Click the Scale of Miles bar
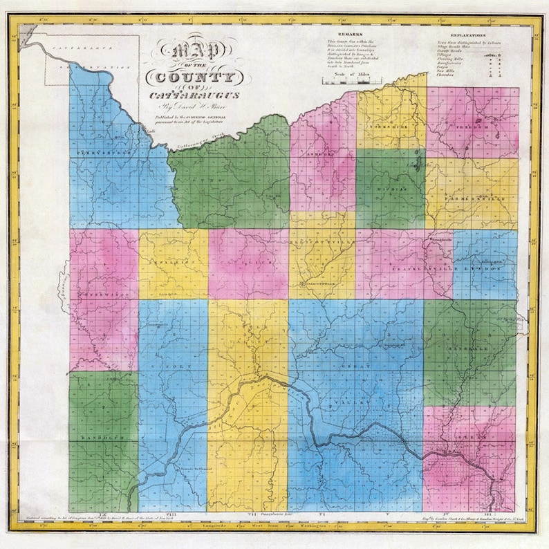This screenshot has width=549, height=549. tap(348, 81)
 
